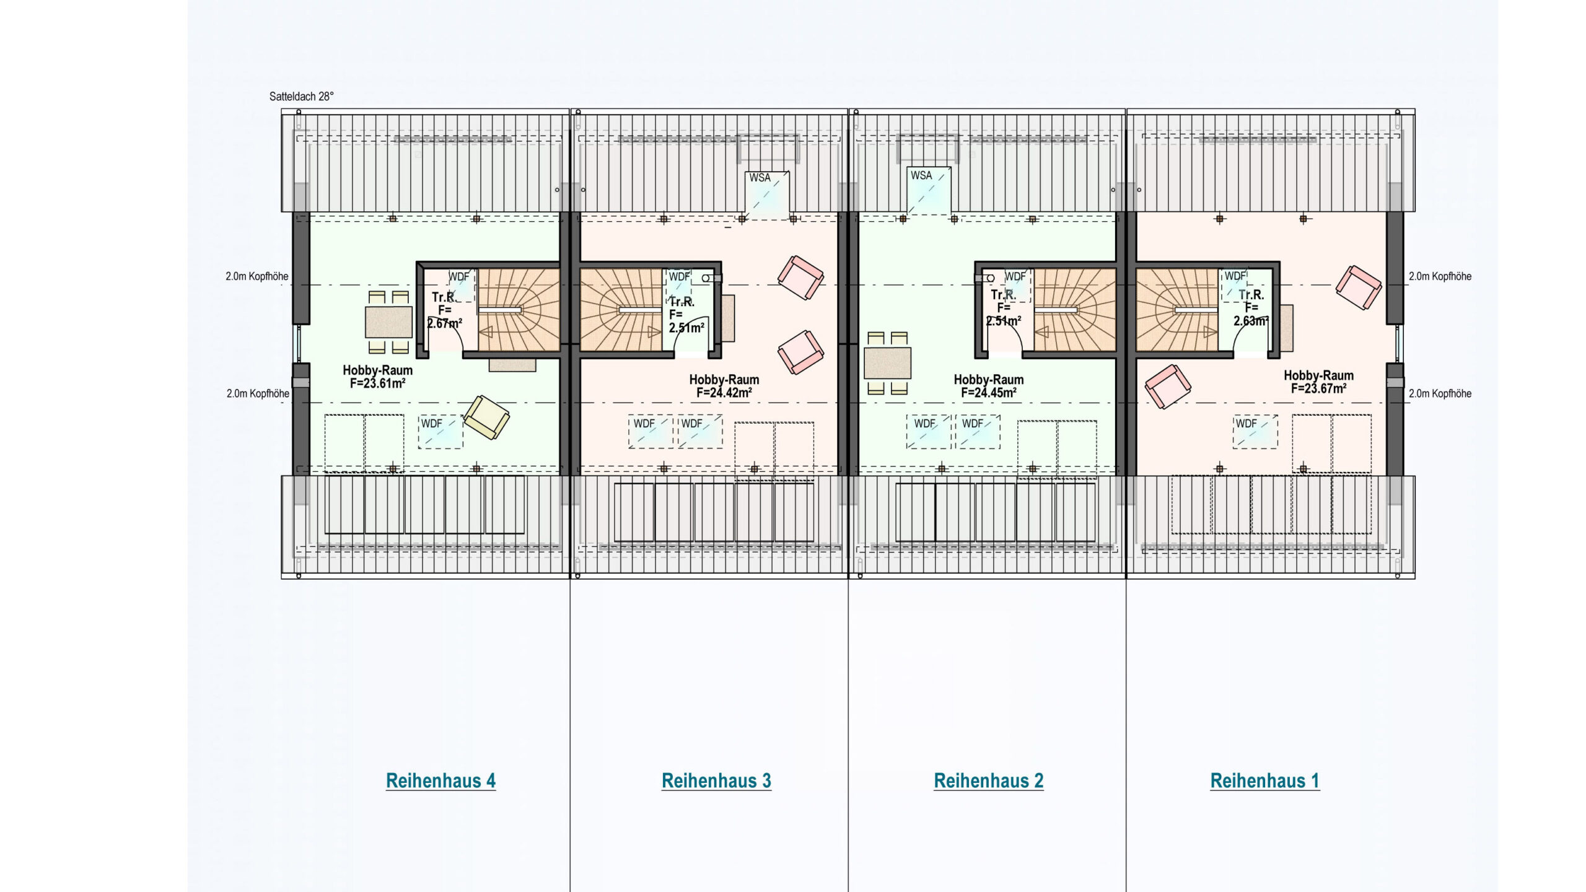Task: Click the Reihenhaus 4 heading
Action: (x=440, y=780)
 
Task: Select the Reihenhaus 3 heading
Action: (x=716, y=780)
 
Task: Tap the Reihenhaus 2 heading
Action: (x=989, y=780)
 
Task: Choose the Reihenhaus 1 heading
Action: (x=1265, y=780)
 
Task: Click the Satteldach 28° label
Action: (x=301, y=97)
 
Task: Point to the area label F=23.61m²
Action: (x=377, y=383)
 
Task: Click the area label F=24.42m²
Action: (x=724, y=393)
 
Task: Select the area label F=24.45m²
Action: (x=989, y=393)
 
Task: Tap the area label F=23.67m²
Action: (x=1318, y=388)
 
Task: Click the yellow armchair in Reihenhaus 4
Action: (x=486, y=417)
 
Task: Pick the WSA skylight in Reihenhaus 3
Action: (x=767, y=195)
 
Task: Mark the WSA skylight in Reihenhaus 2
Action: (x=929, y=191)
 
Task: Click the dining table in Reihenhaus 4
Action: (x=389, y=322)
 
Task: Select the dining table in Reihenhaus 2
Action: (x=887, y=363)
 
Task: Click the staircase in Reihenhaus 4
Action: (x=519, y=310)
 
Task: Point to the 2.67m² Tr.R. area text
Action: (x=444, y=323)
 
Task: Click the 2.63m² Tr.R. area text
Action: (x=1251, y=321)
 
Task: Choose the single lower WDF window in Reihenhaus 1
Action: (x=1255, y=431)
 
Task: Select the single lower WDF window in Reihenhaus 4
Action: (x=440, y=431)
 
